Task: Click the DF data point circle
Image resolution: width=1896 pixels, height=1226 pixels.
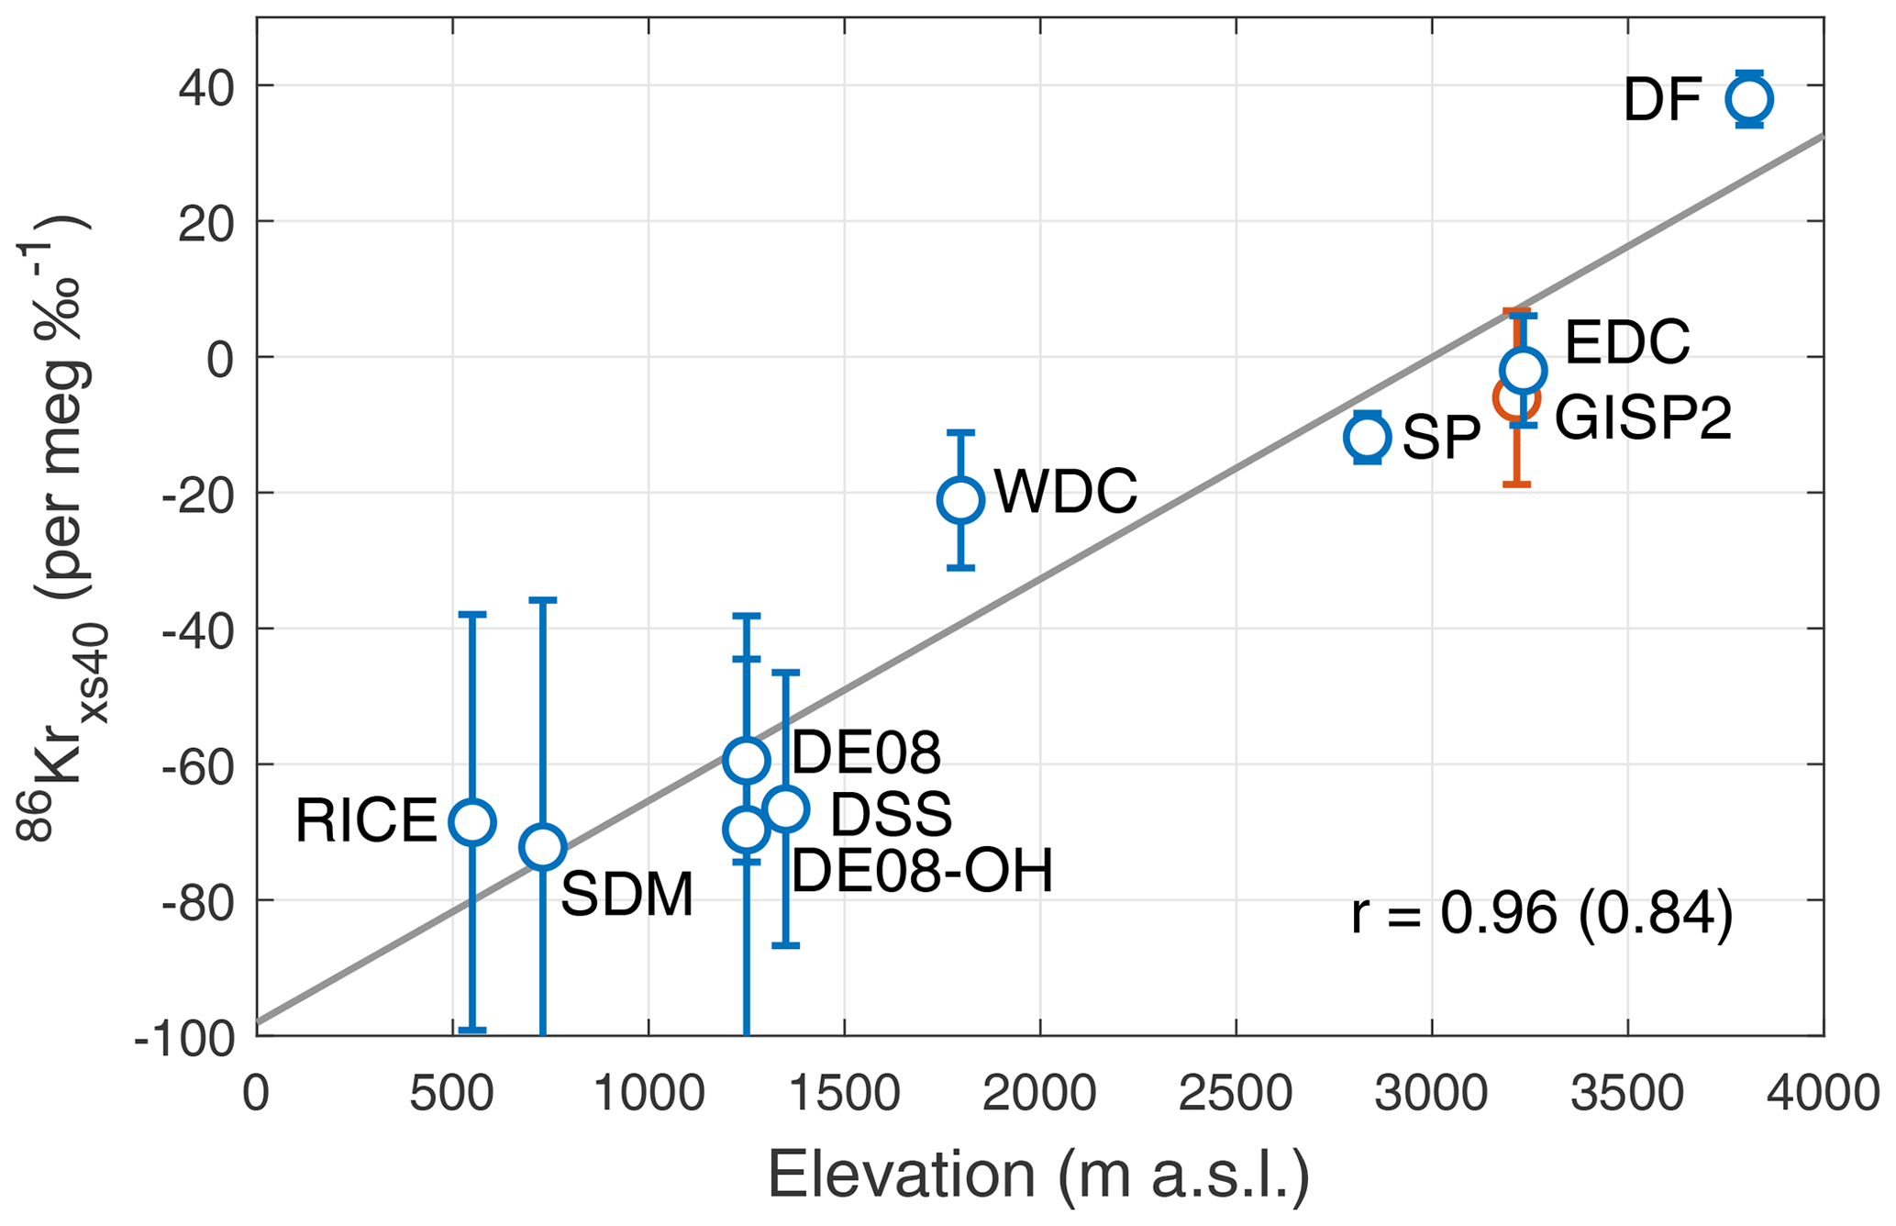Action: point(1748,99)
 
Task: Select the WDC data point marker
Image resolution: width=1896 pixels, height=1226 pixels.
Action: point(960,500)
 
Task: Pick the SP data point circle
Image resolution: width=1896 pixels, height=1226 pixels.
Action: point(1367,438)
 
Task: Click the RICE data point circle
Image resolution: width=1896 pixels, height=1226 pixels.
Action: point(472,821)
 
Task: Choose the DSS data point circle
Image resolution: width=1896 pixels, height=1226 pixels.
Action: point(786,809)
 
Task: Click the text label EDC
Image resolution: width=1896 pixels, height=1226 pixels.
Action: point(1626,343)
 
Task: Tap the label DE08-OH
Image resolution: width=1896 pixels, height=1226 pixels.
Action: point(921,871)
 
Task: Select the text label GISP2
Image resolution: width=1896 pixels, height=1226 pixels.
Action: point(1642,418)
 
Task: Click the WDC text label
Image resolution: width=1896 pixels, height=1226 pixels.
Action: point(1066,492)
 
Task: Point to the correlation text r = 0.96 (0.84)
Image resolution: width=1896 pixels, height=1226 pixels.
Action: point(1542,914)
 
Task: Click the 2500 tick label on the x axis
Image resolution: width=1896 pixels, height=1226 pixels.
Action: point(1236,1094)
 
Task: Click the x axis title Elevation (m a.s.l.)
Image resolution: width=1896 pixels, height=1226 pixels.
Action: point(1038,1176)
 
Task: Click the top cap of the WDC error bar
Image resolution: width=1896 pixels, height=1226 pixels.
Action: point(960,431)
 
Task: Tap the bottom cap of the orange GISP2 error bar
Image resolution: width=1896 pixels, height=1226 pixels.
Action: point(1516,484)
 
